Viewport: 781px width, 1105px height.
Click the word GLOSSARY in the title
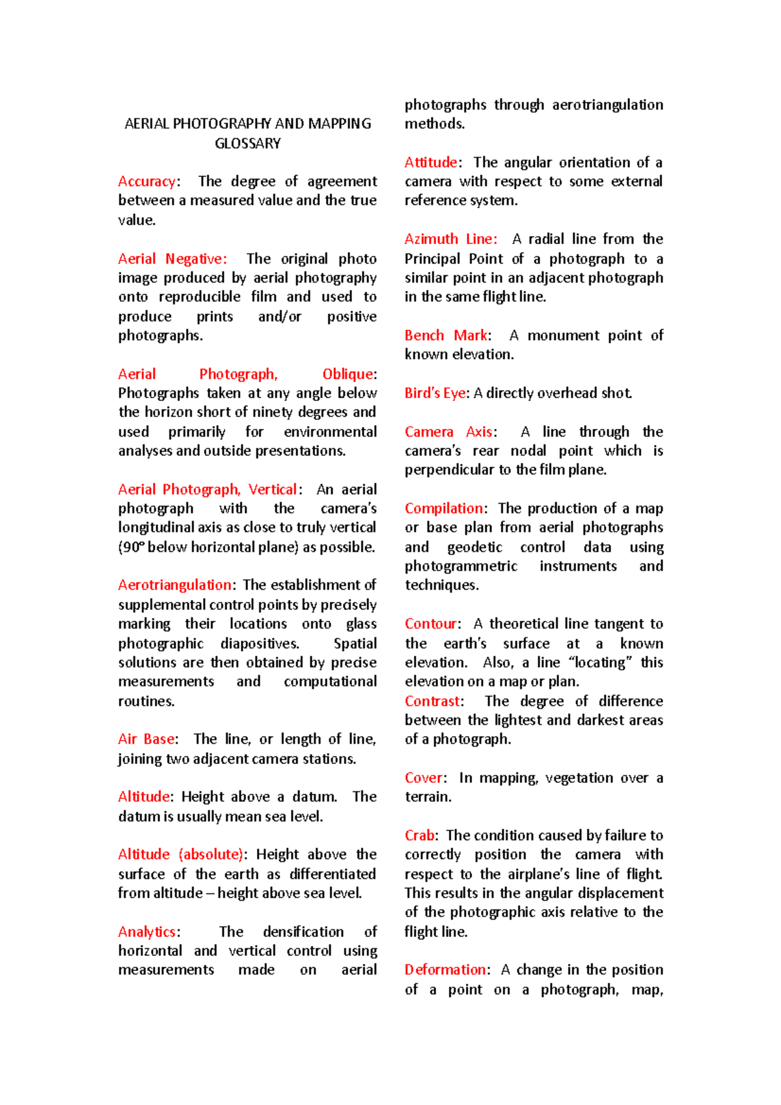(247, 143)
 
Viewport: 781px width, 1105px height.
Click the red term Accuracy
(147, 182)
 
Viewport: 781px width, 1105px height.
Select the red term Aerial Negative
(172, 259)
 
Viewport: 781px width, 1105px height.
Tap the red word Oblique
(348, 374)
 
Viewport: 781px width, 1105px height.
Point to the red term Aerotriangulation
(174, 585)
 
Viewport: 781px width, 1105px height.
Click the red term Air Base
(146, 739)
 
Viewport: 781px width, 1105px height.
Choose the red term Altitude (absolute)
(181, 854)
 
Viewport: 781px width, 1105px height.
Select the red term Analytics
(147, 932)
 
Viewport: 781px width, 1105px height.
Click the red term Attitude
(431, 163)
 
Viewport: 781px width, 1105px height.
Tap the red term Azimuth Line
(450, 239)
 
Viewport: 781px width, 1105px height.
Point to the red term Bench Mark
(446, 336)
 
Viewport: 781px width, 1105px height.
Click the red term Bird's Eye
(435, 393)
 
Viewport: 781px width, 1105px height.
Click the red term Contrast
(432, 702)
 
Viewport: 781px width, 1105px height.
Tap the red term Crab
(420, 836)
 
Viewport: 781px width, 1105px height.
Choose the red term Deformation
(445, 970)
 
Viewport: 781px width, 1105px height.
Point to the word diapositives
(260, 644)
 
